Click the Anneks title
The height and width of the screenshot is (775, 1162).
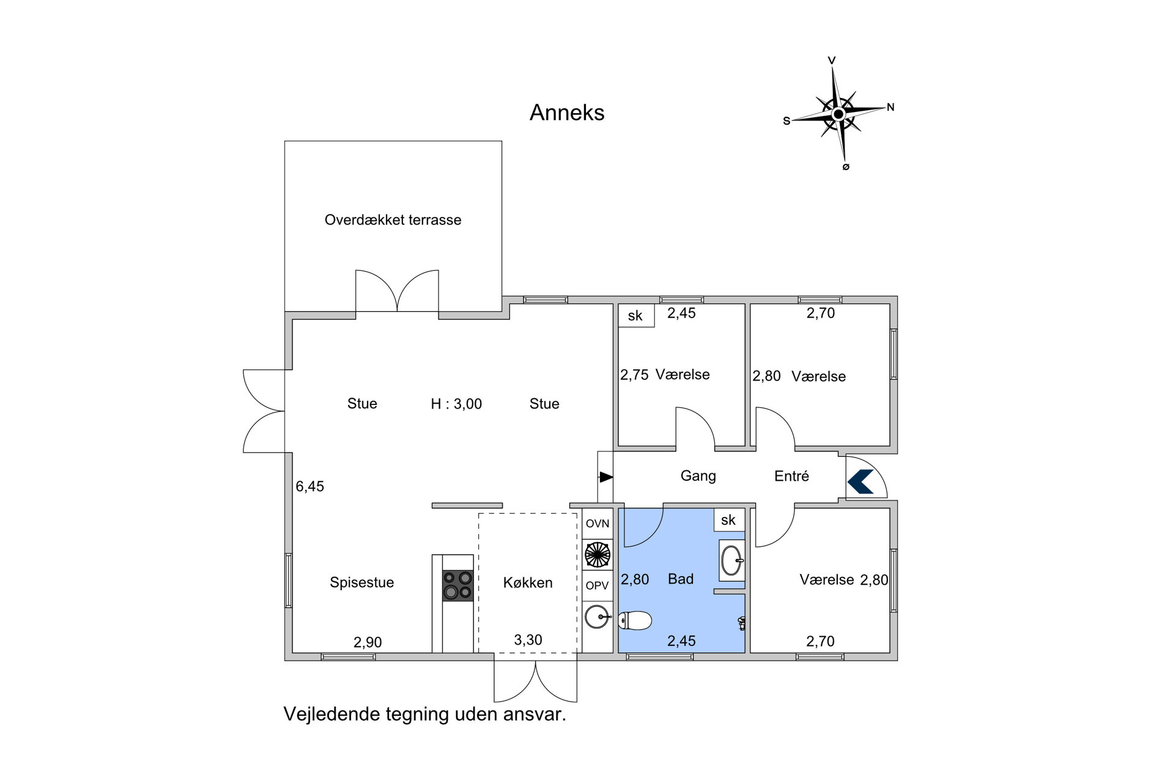coord(567,113)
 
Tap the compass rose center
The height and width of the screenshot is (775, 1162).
coord(838,114)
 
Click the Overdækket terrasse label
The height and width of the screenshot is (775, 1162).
coord(393,220)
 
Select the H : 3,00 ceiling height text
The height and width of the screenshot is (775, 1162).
coord(456,404)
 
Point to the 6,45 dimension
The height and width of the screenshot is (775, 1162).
coord(309,486)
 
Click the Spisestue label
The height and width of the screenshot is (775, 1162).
coord(361,582)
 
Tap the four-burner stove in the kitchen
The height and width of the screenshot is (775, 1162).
coord(458,585)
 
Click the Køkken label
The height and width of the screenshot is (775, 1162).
coord(528,583)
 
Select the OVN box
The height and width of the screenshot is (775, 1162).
coord(598,524)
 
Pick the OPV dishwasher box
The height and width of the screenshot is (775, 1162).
coord(598,585)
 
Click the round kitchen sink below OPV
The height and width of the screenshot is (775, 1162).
coord(597,617)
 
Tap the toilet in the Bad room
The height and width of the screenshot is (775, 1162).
coord(635,621)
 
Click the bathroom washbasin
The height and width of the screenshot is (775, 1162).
coord(732,560)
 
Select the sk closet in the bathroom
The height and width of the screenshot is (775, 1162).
coord(729,520)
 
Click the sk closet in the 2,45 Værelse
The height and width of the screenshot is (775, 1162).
coord(636,316)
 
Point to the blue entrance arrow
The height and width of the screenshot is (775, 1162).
coord(860,481)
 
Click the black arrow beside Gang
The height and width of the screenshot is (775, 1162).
coord(605,477)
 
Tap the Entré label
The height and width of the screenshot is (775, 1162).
coord(791,476)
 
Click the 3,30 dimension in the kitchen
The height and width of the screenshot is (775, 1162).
coord(528,640)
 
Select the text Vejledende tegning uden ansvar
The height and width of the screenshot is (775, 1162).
coord(425,714)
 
